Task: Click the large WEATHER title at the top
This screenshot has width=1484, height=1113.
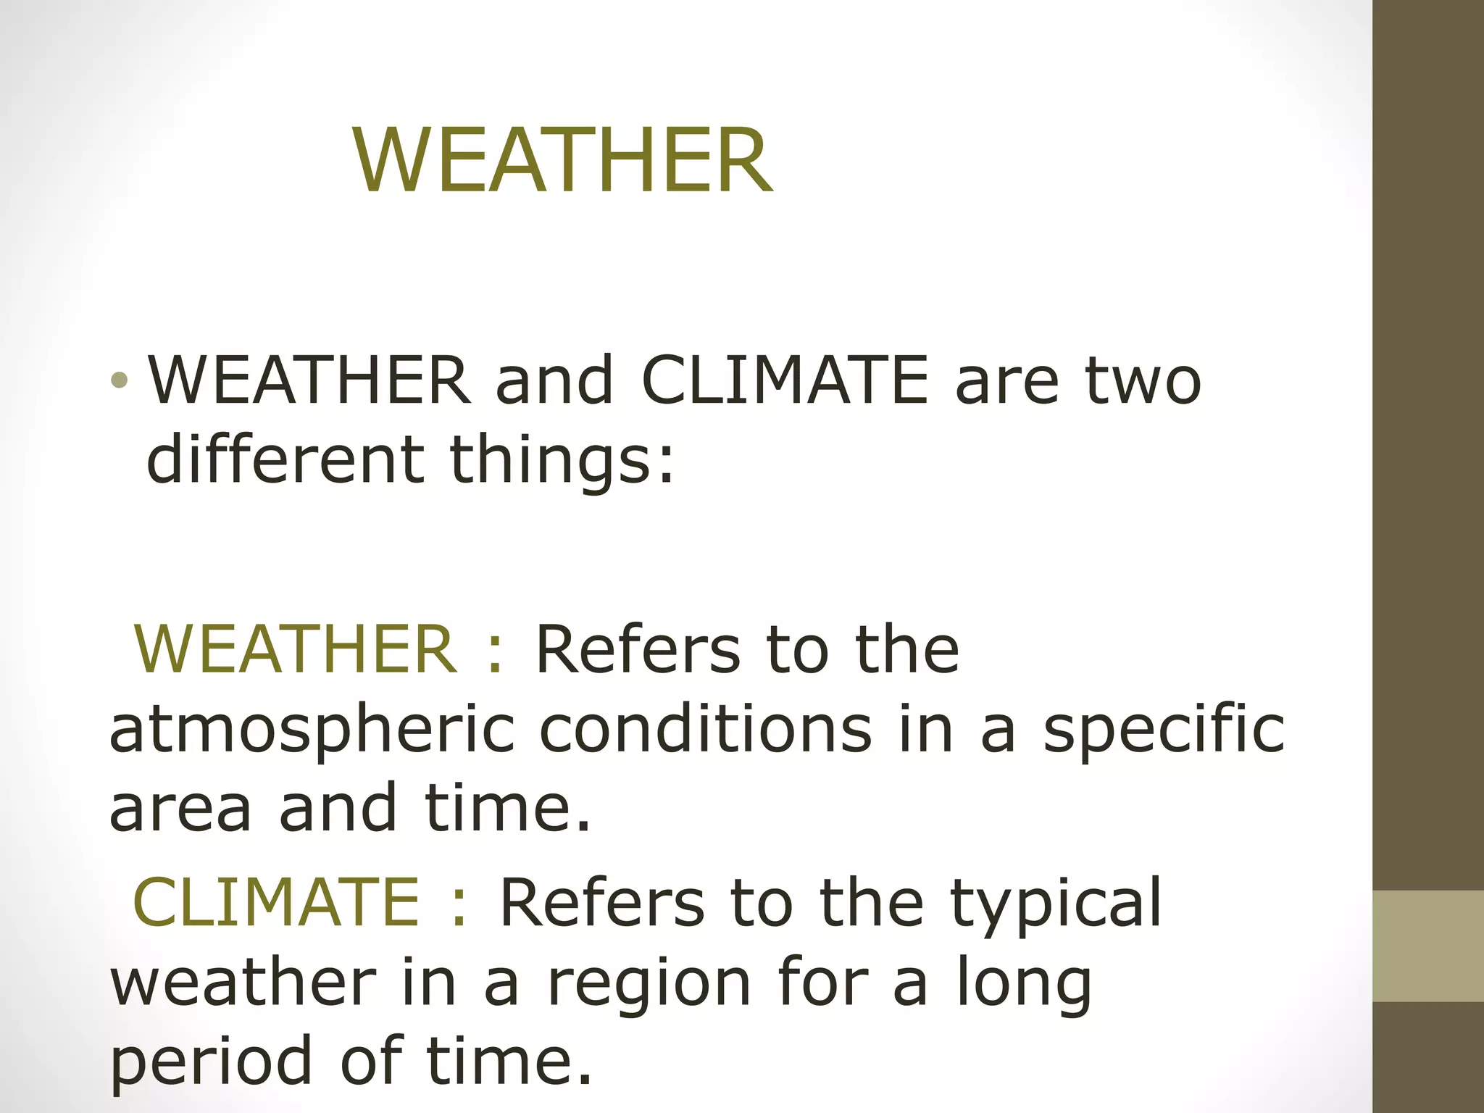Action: click(563, 161)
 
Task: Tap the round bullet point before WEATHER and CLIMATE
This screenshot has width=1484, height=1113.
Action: click(120, 380)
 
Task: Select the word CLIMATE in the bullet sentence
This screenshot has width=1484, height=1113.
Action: click(785, 380)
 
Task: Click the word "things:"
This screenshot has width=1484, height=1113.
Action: click(562, 462)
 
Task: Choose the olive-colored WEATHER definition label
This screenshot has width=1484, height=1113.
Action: click(296, 649)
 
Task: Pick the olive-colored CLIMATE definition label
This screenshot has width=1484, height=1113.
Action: click(276, 901)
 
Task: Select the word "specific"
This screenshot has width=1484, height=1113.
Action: click(1164, 730)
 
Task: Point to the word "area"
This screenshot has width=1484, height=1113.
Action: click(180, 808)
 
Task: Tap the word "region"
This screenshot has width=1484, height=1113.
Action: click(649, 985)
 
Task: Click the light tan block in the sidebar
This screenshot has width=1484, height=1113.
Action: click(1428, 946)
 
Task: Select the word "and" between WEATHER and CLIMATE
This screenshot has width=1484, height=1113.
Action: click(554, 380)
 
